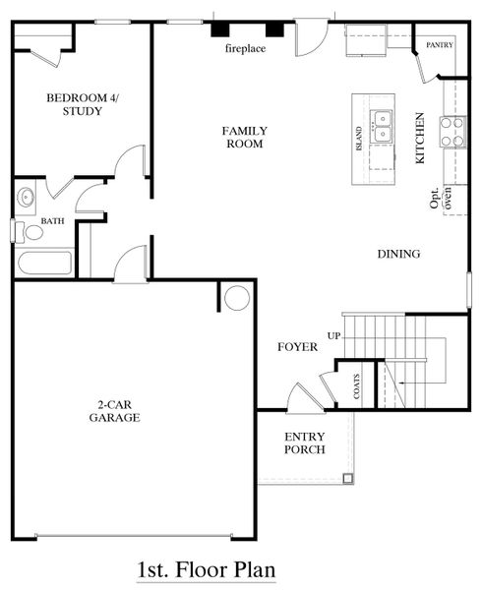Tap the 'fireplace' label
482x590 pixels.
tap(245, 47)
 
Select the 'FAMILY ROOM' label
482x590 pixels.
tap(243, 137)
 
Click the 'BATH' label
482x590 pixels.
tap(52, 221)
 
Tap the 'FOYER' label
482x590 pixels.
tap(296, 346)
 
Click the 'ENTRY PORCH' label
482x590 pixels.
tap(304, 442)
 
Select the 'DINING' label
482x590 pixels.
tap(398, 254)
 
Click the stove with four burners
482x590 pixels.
tap(452, 131)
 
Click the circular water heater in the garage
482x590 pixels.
tap(236, 297)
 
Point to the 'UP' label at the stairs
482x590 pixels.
tap(333, 335)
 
